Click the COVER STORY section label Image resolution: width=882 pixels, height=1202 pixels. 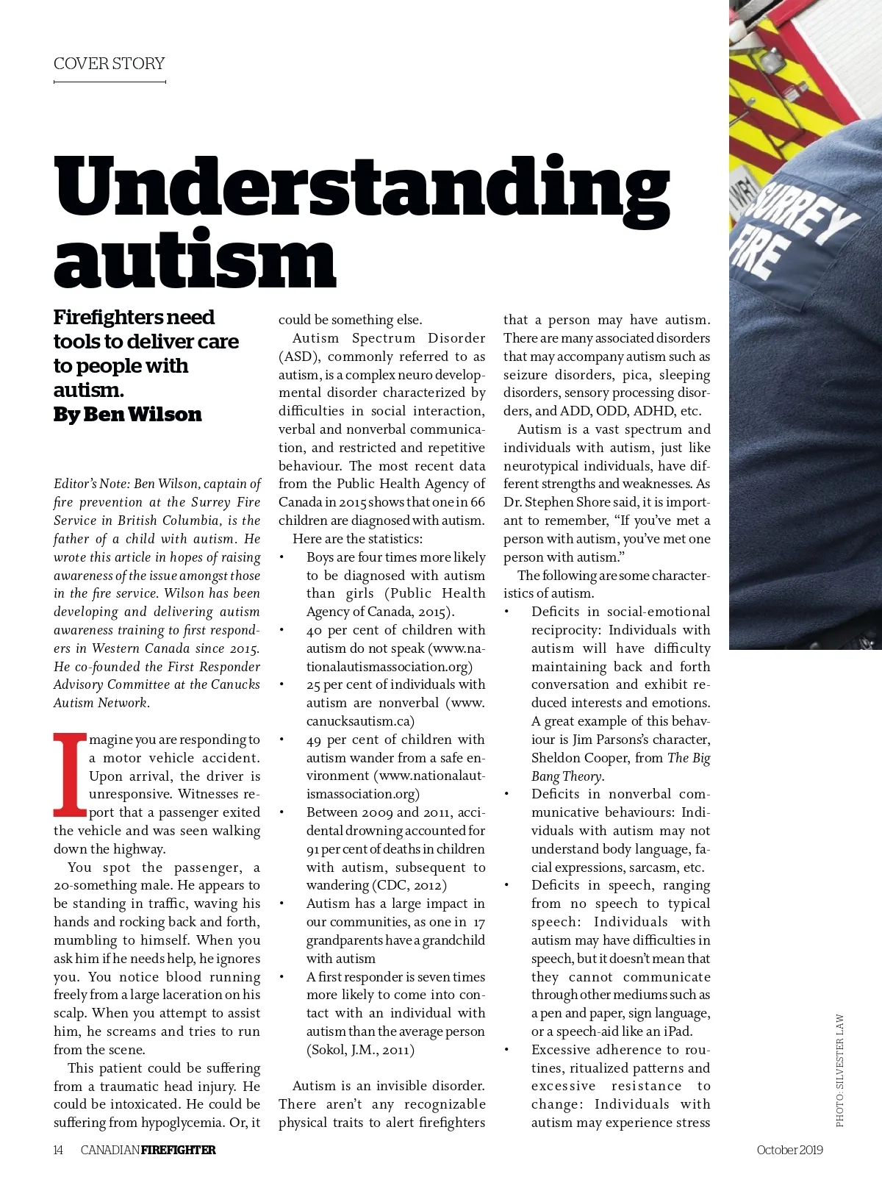[x=109, y=64]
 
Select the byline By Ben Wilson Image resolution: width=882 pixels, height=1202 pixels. [x=127, y=415]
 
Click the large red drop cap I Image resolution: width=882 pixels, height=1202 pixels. [x=70, y=775]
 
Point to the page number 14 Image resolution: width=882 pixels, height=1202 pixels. [x=58, y=1150]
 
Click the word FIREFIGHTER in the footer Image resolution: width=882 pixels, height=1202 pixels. [x=179, y=1150]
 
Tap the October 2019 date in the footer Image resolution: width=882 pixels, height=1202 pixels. [x=789, y=1150]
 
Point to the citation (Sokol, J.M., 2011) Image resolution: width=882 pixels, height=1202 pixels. [x=360, y=1050]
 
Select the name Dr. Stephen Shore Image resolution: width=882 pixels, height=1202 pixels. [x=556, y=502]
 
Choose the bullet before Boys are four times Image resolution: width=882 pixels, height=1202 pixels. [x=282, y=557]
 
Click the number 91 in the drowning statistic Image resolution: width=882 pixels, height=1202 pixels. [x=312, y=849]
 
